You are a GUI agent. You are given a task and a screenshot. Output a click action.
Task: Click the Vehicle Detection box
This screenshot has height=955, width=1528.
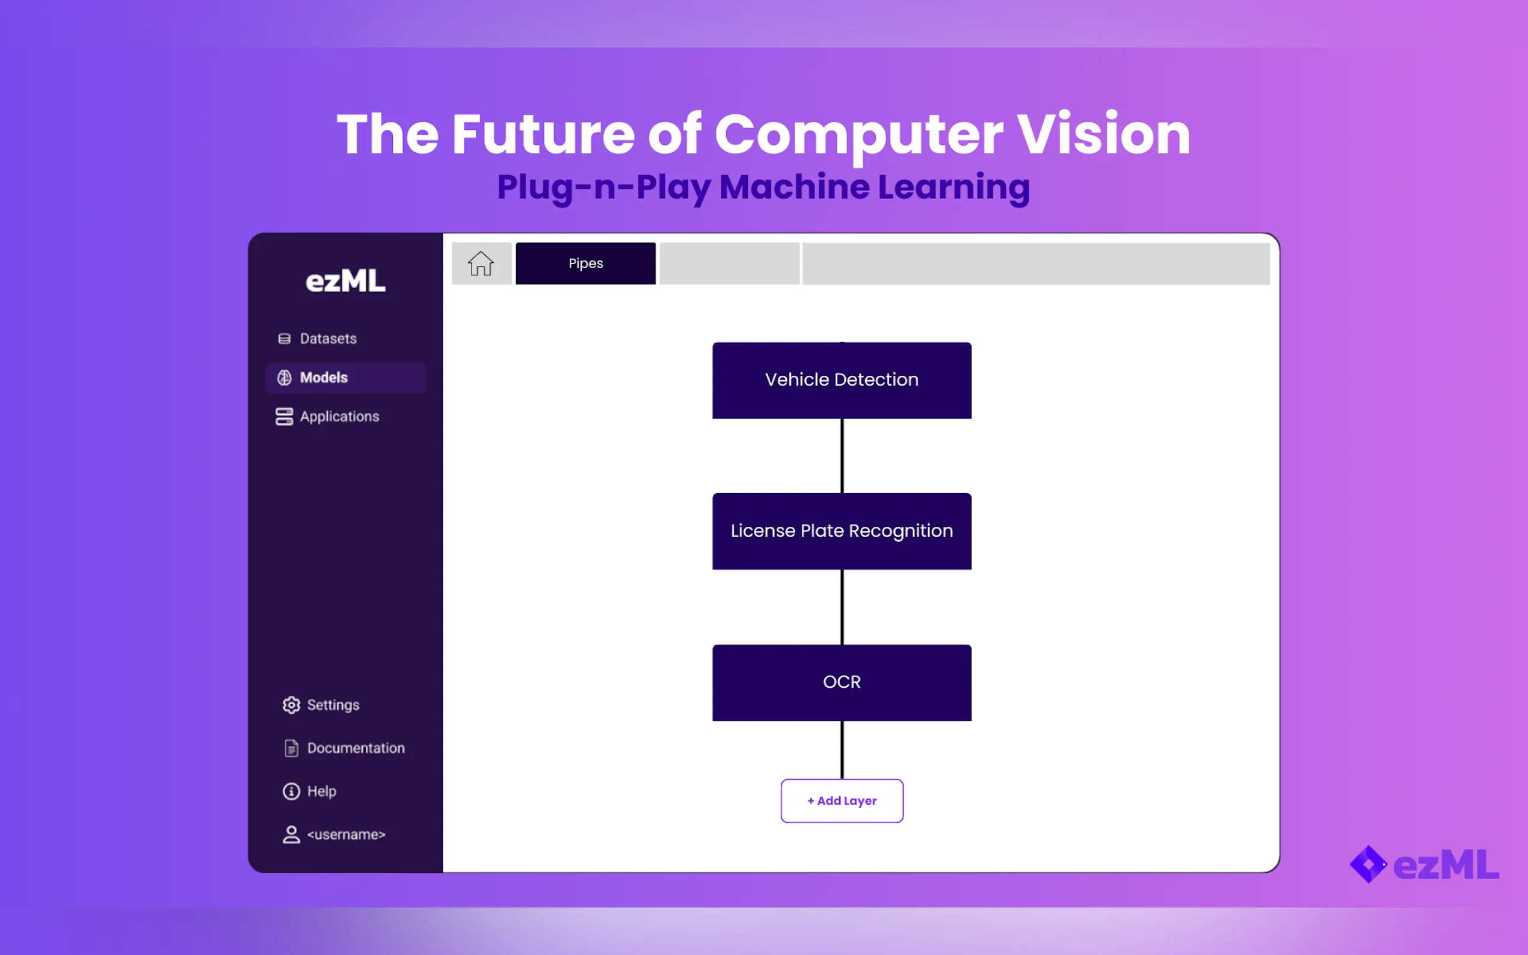(x=842, y=380)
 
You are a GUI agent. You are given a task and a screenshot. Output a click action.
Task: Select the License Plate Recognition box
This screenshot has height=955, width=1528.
(x=842, y=531)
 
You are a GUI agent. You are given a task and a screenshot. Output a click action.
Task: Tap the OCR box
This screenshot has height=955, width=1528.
(x=842, y=683)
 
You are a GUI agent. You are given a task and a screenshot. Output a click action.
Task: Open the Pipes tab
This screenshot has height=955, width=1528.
(x=585, y=263)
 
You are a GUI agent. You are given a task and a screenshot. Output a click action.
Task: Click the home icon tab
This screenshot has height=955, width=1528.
(x=481, y=263)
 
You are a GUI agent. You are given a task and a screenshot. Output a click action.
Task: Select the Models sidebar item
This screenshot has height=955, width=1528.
(x=345, y=378)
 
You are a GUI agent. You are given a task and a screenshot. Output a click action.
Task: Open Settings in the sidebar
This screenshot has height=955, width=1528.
(x=321, y=705)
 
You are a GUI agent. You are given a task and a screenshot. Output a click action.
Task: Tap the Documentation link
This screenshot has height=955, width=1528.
(x=344, y=749)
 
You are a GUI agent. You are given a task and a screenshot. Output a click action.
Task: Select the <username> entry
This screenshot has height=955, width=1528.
(x=333, y=835)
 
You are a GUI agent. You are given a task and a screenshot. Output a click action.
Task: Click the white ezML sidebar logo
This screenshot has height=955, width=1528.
(x=345, y=281)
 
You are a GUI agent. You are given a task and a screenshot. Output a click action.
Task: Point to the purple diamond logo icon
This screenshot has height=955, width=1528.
(x=1367, y=865)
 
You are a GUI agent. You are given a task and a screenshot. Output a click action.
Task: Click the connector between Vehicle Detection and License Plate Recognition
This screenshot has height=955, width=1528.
(x=842, y=456)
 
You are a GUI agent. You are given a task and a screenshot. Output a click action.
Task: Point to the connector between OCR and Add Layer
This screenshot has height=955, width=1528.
(x=842, y=751)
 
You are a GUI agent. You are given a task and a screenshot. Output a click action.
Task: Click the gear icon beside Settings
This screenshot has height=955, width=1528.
(x=291, y=705)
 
